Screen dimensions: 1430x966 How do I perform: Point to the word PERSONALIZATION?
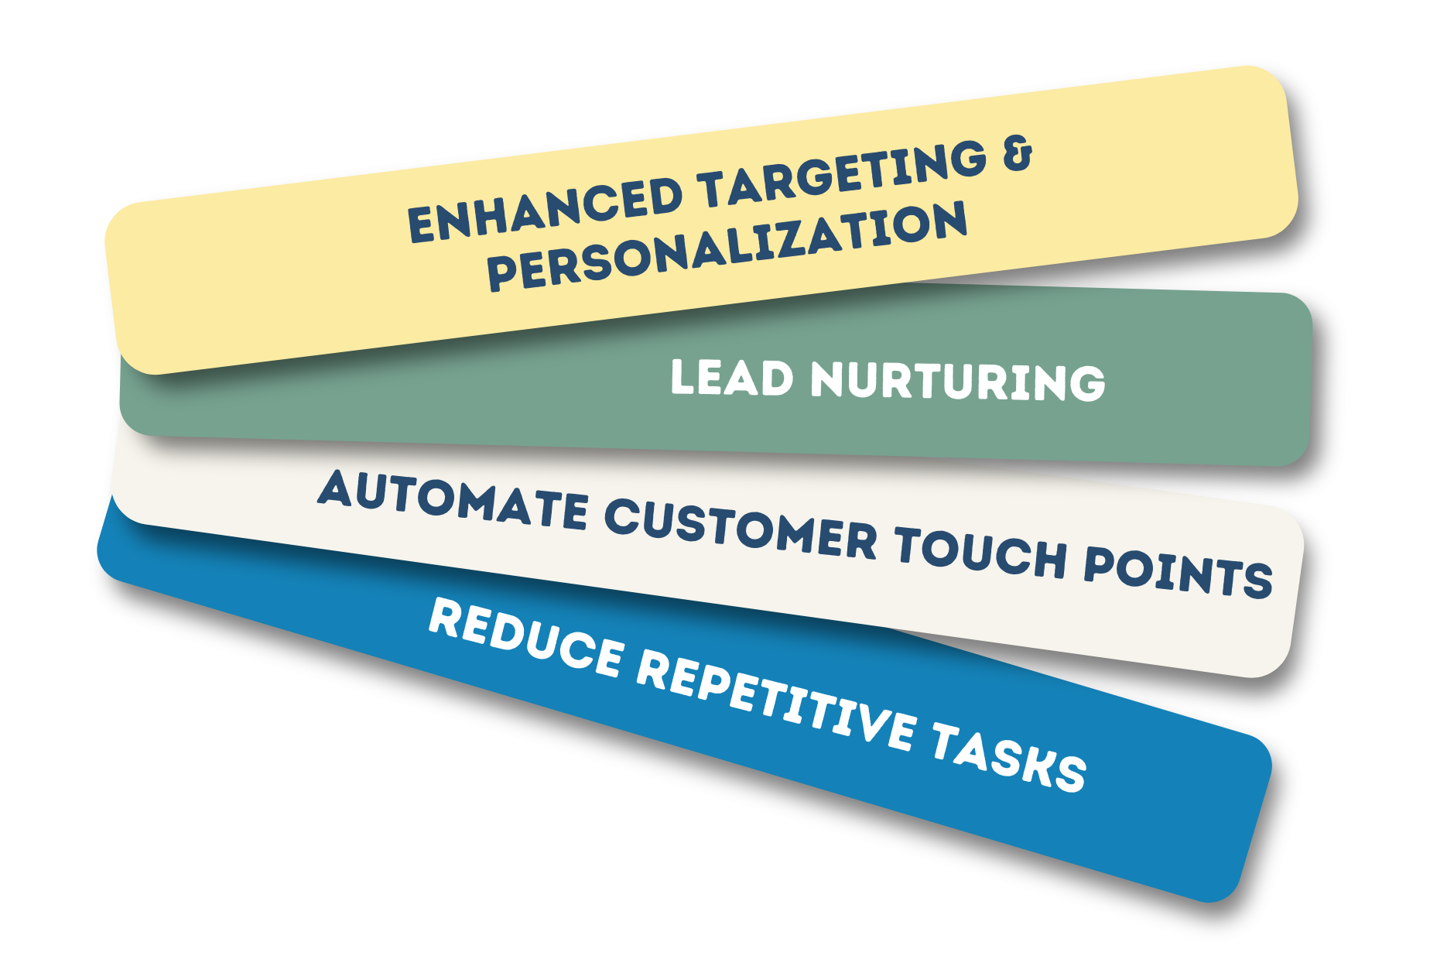pyautogui.click(x=727, y=246)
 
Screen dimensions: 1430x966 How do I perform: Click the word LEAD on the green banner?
pyautogui.click(x=732, y=379)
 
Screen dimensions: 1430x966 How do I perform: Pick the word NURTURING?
pyautogui.click(x=957, y=382)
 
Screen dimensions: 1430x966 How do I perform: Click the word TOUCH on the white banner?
pyautogui.click(x=981, y=554)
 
